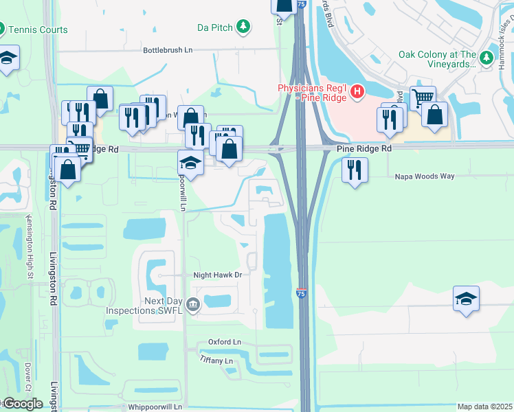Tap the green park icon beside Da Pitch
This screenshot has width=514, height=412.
[x=243, y=27]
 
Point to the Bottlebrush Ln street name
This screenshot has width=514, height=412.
[x=168, y=50]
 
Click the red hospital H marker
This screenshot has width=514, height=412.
[x=356, y=91]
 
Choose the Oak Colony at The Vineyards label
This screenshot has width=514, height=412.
[x=438, y=59]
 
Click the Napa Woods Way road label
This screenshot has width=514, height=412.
[x=425, y=176]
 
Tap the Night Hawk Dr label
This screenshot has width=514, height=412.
[x=218, y=275]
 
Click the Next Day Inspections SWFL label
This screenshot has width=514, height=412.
[x=144, y=306]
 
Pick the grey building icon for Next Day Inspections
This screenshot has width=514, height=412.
[x=193, y=304]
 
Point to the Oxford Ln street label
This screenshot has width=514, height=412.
[x=225, y=342]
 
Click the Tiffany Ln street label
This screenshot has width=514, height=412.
[x=216, y=360]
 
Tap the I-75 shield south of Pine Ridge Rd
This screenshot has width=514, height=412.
[x=302, y=293]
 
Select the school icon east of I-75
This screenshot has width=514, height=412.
[x=466, y=298]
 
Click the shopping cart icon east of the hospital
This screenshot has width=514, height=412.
[x=423, y=98]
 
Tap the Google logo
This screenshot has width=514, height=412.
[x=23, y=404]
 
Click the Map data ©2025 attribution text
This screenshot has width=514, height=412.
[x=484, y=407]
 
